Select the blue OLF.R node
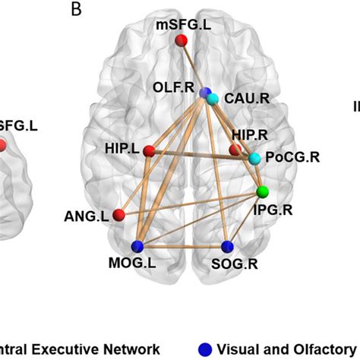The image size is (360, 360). pos(204,93)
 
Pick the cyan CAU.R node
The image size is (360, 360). pos(212,99)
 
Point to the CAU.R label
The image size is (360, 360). pos(245,99)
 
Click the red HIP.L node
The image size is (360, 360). pos(150,151)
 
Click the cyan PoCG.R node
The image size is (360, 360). pos(254,158)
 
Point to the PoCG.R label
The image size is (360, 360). pos(291,158)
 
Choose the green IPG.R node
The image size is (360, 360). pos(263,191)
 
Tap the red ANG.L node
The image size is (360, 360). pos(119,216)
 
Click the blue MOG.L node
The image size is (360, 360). pos(137,247)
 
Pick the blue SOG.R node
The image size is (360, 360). pos(226,247)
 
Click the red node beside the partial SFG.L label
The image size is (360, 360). pos(2,144)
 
